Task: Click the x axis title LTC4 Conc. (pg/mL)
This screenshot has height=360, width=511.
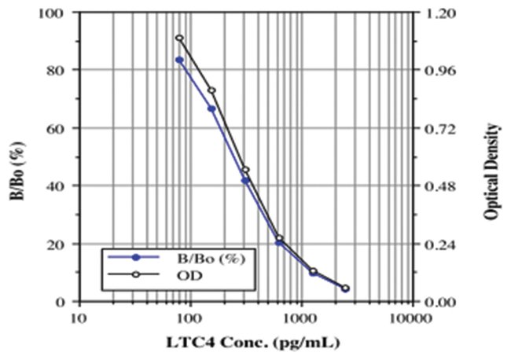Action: (244, 343)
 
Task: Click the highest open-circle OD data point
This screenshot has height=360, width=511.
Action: (179, 38)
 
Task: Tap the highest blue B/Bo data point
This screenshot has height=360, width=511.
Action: (179, 60)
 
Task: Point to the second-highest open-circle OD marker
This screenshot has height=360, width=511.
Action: (211, 90)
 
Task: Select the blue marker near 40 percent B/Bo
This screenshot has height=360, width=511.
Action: (245, 181)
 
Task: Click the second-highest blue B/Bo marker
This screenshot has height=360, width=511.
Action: (211, 108)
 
